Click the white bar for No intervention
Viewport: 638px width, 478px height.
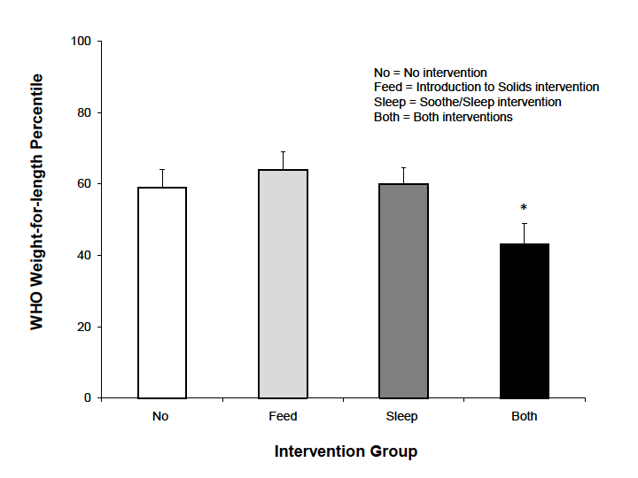pyautogui.click(x=162, y=292)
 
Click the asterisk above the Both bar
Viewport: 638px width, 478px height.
pyautogui.click(x=524, y=209)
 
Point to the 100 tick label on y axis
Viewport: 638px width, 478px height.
pyautogui.click(x=82, y=42)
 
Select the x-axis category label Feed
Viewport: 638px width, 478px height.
pyautogui.click(x=283, y=416)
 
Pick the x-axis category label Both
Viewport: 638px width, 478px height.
pyautogui.click(x=525, y=416)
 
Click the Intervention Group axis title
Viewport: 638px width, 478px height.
pyautogui.click(x=346, y=451)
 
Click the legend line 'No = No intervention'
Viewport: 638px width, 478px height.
pyautogui.click(x=430, y=73)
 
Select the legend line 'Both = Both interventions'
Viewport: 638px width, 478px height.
pyautogui.click(x=443, y=118)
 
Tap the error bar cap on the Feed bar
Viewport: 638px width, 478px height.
pyautogui.click(x=283, y=151)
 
